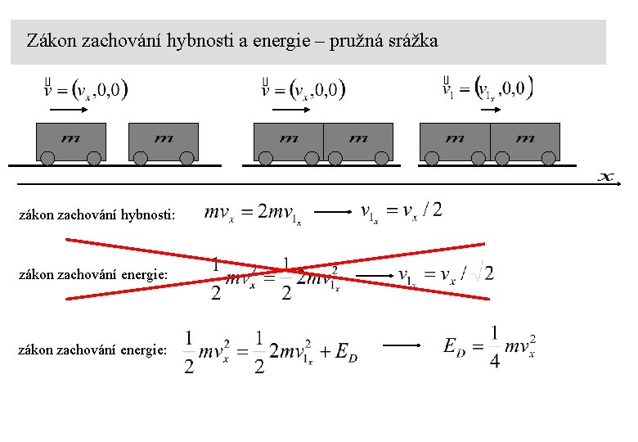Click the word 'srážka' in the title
click(x=415, y=40)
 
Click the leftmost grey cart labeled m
click(x=70, y=141)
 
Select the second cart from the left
click(x=164, y=141)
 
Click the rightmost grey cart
click(x=525, y=141)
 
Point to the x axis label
click(x=606, y=177)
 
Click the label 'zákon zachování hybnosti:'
click(x=97, y=216)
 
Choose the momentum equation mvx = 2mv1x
click(x=254, y=214)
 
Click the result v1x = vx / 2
click(x=402, y=212)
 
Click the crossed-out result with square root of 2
click(x=447, y=275)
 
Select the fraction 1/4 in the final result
click(x=495, y=347)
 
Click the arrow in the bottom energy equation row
click(x=402, y=346)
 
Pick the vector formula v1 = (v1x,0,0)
click(x=487, y=87)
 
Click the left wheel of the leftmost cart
click(x=48, y=158)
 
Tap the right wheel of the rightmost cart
click(x=548, y=158)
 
